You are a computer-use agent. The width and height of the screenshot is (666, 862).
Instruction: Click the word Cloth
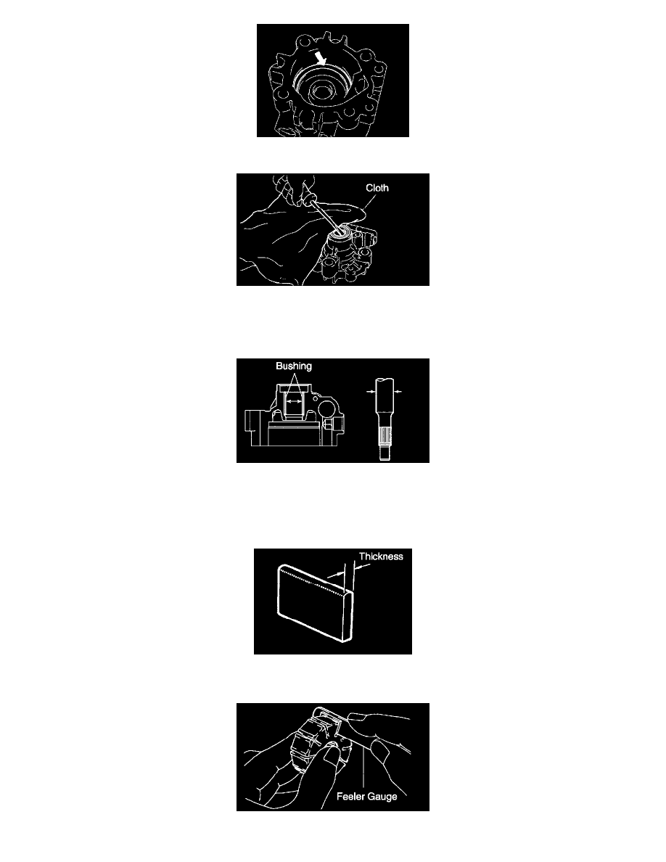377,188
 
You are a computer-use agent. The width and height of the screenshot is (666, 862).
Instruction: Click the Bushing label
293,366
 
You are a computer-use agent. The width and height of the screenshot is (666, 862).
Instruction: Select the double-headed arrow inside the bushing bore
295,402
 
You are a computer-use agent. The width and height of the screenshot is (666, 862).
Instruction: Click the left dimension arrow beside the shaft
370,391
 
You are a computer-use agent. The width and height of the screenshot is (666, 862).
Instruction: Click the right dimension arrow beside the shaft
398,391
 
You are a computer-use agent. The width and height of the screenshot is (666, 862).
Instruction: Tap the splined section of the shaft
385,437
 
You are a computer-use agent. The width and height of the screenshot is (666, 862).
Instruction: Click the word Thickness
381,557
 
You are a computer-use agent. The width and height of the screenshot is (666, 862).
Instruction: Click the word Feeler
350,796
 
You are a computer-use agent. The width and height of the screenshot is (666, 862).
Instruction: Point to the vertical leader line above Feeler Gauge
363,768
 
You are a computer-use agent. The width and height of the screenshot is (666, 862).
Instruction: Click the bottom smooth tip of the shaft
385,454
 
